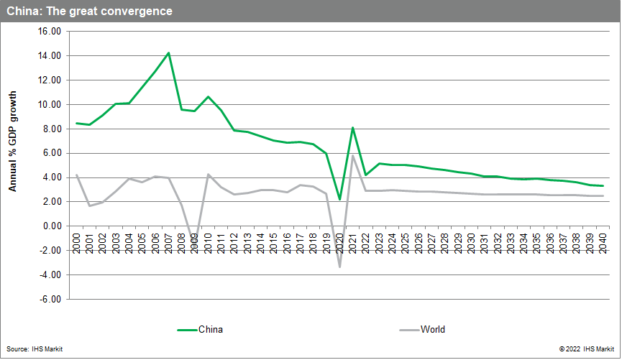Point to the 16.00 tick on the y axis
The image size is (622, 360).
[50, 32]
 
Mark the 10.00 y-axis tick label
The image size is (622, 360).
[50, 105]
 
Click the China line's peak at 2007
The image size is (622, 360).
[168, 52]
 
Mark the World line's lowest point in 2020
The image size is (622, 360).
[339, 267]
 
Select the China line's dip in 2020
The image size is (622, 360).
[339, 199]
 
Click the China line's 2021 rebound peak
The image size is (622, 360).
[353, 128]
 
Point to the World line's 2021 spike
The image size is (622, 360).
[353, 156]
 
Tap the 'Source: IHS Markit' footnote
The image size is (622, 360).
[38, 349]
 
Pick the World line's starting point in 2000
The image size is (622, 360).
[77, 175]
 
